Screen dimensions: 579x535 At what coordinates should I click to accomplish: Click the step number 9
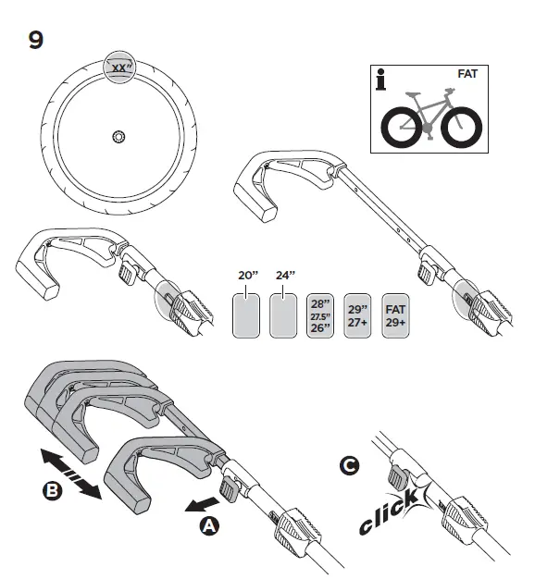[x=36, y=41]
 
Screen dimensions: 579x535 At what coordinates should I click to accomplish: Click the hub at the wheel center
[x=118, y=137]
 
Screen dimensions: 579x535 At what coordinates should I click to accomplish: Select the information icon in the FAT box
[x=381, y=80]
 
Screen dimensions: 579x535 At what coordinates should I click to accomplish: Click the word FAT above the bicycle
[x=469, y=72]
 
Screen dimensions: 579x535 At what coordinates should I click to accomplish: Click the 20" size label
[x=245, y=276]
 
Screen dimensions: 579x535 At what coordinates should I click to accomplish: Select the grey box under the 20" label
[x=245, y=315]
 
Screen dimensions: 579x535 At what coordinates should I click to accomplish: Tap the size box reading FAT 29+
[x=397, y=314]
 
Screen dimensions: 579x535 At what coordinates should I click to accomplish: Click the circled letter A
[x=211, y=524]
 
